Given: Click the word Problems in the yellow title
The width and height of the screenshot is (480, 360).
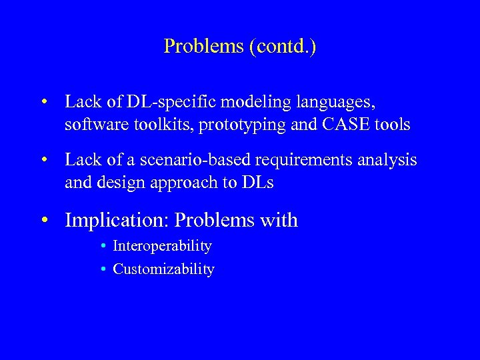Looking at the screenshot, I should (203, 47).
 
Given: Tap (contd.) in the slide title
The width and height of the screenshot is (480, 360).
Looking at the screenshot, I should (283, 47).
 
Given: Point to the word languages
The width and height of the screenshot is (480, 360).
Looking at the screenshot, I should (339, 103).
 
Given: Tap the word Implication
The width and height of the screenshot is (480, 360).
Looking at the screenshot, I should (117, 220).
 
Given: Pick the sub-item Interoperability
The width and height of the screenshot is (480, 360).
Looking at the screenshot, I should (162, 246).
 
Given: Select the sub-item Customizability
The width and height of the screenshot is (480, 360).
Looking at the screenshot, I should (163, 269).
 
